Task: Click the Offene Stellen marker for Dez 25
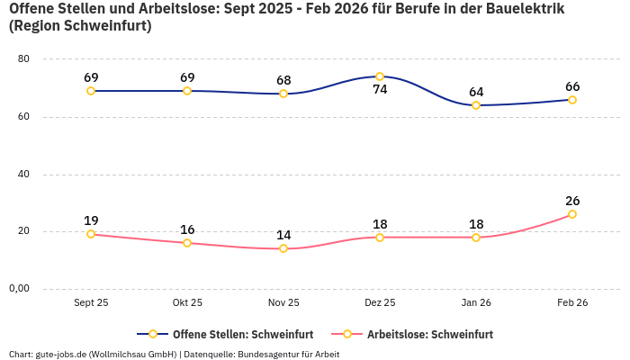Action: click(380, 76)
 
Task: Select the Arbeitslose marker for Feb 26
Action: click(572, 214)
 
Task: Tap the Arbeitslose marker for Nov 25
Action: click(283, 248)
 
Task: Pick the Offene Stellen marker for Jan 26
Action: click(476, 105)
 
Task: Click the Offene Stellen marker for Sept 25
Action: click(91, 91)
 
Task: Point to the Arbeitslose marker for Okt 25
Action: click(187, 243)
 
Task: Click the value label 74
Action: click(380, 90)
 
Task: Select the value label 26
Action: click(572, 201)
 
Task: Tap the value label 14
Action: click(283, 235)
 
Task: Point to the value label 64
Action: click(476, 92)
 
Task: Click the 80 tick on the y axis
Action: click(23, 59)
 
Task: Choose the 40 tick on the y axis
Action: click(23, 174)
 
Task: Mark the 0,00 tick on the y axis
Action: click(19, 289)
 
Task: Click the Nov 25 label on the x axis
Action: click(283, 303)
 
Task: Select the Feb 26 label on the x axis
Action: click(572, 303)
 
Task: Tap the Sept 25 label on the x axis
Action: click(91, 303)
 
